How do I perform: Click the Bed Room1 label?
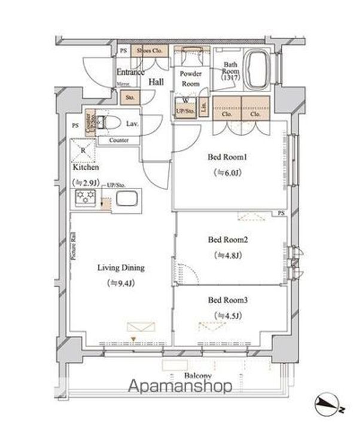pyautogui.click(x=227, y=158)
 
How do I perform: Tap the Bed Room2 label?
pyautogui.click(x=228, y=240)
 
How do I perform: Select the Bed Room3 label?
pyautogui.click(x=227, y=300)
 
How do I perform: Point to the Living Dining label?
pyautogui.click(x=121, y=268)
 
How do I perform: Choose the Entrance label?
pyautogui.click(x=130, y=72)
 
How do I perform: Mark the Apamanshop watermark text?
pyautogui.click(x=179, y=386)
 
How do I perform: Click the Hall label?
pyautogui.click(x=157, y=82)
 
